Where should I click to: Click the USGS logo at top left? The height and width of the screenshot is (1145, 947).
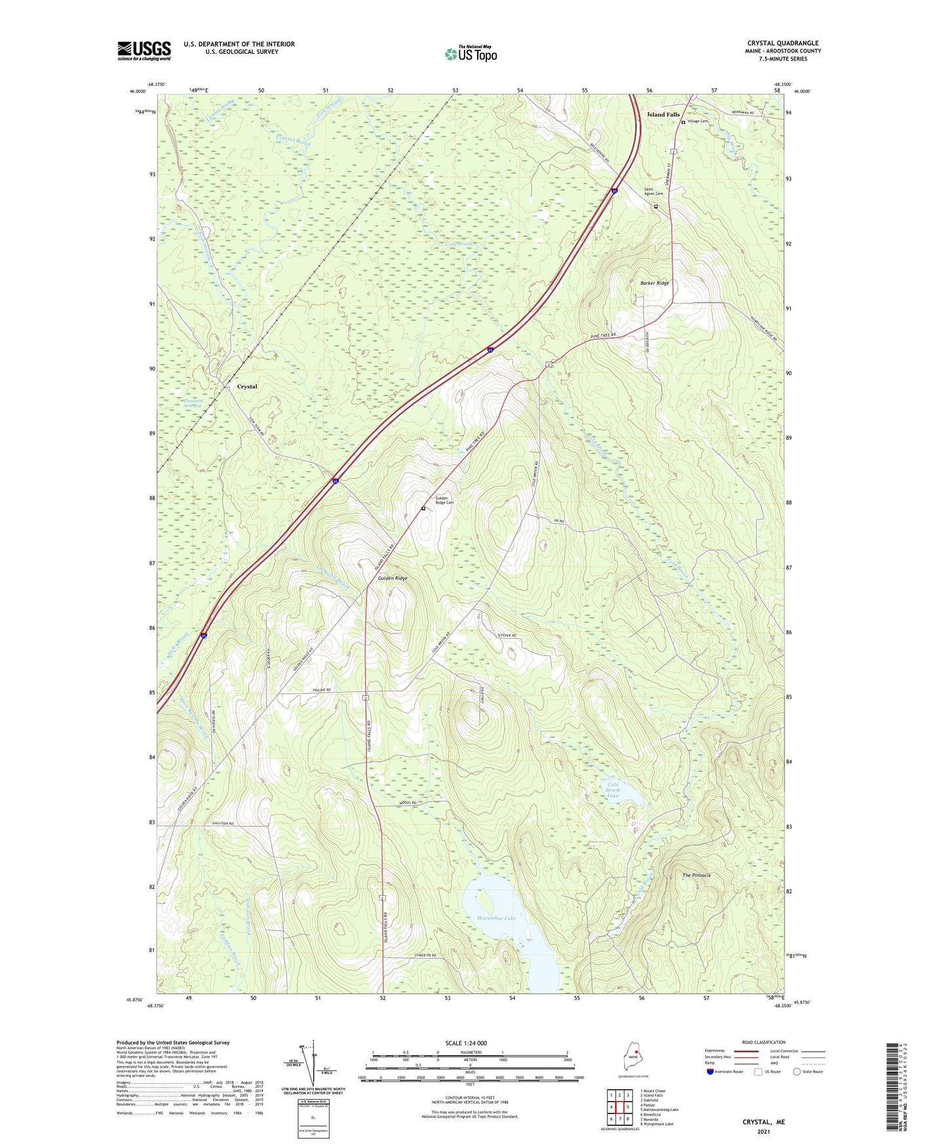point(144,50)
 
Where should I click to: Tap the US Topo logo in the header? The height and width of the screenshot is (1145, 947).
point(471,54)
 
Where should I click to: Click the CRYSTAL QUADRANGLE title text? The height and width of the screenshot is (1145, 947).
point(783,43)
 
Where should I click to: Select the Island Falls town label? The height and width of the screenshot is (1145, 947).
point(663,115)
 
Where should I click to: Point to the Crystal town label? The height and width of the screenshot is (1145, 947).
point(247,387)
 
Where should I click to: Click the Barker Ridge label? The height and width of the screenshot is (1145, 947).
point(654,283)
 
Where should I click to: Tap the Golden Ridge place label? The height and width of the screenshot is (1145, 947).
point(393,578)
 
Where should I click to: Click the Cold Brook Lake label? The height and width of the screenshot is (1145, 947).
point(613,790)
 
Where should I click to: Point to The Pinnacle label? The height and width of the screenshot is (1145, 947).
point(697,875)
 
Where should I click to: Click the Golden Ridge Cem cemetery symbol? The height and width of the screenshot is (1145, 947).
point(423,508)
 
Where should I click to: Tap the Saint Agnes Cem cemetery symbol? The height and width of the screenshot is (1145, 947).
point(655,206)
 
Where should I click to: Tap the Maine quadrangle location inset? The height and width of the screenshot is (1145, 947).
point(632,1059)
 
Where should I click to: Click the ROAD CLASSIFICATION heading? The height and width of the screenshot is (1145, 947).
point(763,1042)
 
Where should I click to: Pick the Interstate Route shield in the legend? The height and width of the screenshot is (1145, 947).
point(710,1072)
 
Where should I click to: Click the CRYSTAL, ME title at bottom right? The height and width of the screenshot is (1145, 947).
point(763,1122)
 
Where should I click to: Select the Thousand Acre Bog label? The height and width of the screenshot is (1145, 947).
point(193,403)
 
